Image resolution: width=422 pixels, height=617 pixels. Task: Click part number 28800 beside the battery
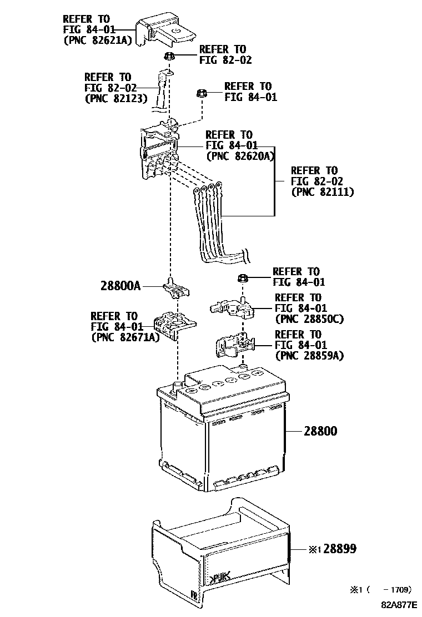tap(320, 431)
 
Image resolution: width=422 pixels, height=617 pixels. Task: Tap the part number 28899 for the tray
tap(339, 549)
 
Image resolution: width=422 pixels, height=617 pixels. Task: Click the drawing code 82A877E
tap(398, 608)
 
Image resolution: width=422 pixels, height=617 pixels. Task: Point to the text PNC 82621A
tap(97, 40)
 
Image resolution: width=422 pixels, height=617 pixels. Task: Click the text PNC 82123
tap(115, 98)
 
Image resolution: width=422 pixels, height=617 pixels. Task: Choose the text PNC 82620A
tap(240, 156)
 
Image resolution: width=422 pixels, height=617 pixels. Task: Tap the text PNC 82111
tap(323, 192)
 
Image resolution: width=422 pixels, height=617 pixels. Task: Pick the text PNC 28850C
tap(309, 319)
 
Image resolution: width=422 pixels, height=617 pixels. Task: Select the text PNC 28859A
tap(309, 356)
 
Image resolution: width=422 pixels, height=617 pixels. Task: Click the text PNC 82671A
tap(125, 337)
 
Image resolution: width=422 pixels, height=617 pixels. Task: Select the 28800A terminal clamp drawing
tap(176, 287)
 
